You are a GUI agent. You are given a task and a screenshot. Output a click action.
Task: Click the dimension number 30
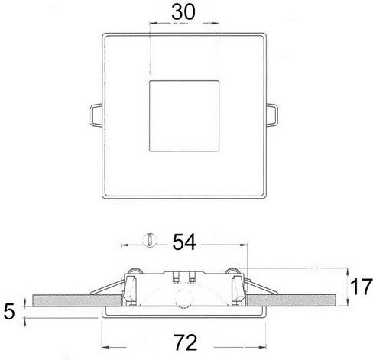click(183, 12)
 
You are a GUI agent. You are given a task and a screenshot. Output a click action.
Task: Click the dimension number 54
click(184, 242)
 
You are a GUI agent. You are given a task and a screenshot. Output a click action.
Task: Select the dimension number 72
click(186, 342)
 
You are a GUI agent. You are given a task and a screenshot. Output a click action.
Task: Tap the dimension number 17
click(362, 287)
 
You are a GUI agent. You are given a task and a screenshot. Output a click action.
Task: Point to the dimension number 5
click(9, 312)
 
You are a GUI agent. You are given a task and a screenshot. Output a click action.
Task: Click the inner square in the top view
click(184, 116)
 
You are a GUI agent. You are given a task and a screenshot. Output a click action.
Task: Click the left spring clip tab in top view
click(96, 115)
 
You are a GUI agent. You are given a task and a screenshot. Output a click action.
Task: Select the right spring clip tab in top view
click(272, 115)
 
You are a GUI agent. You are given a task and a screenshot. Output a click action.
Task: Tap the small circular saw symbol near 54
click(150, 240)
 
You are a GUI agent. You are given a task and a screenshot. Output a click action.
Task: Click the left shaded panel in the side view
click(77, 300)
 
